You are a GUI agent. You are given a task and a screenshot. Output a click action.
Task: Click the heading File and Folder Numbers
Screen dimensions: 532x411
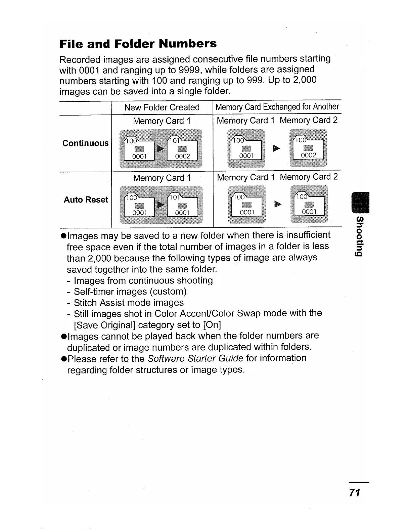138,44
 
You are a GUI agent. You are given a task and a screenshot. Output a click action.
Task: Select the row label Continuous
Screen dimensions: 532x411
85,143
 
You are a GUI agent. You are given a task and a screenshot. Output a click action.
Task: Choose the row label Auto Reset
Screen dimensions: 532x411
86,200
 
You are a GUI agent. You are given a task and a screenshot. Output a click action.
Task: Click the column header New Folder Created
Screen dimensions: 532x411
162,107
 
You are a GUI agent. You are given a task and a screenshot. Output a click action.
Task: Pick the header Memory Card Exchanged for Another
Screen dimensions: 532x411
277,107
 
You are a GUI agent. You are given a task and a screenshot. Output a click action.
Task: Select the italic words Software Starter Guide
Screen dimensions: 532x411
195,358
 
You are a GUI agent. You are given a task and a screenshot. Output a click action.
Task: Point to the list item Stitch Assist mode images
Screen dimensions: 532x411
129,303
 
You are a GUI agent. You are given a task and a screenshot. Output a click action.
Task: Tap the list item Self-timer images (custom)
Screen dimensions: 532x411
130,291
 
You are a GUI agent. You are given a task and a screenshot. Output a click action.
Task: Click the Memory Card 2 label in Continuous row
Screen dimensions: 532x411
309,120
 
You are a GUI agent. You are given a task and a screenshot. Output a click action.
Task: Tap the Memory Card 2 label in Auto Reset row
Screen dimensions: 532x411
309,177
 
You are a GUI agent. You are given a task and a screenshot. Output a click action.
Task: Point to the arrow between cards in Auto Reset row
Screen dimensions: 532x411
277,204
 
